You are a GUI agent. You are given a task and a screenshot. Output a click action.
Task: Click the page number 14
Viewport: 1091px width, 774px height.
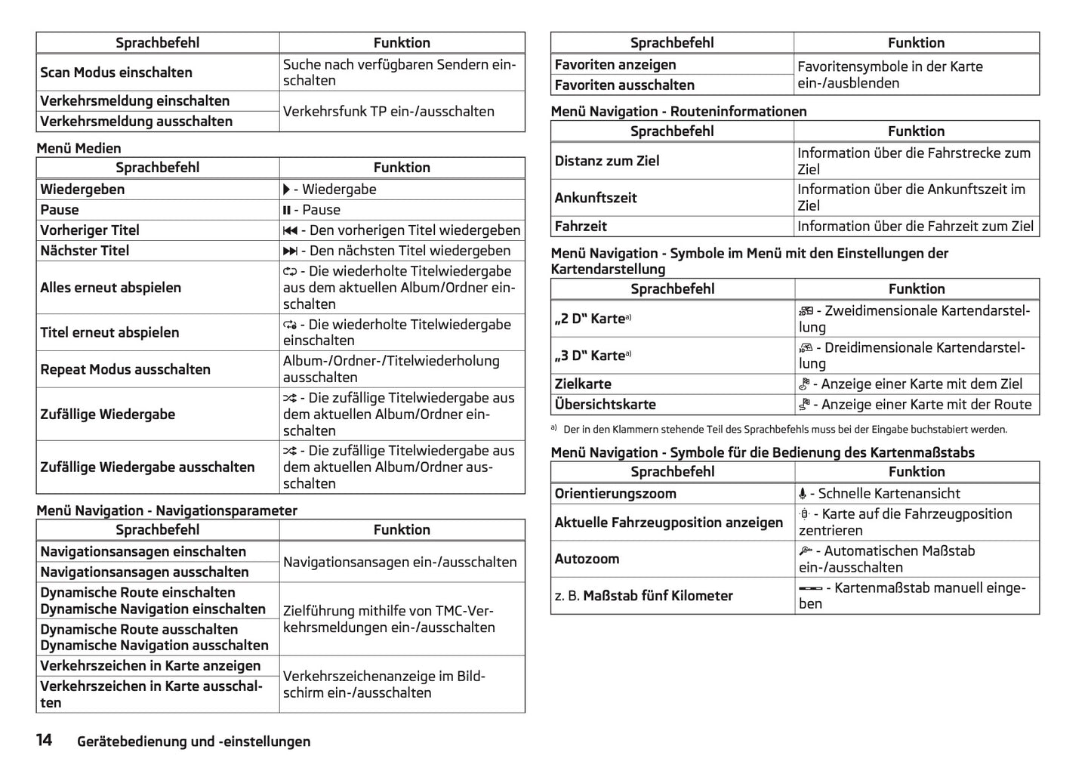(x=45, y=740)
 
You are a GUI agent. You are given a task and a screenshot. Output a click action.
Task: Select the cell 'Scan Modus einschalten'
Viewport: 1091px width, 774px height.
(x=116, y=72)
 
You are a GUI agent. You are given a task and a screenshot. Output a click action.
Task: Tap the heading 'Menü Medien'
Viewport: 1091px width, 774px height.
(x=79, y=148)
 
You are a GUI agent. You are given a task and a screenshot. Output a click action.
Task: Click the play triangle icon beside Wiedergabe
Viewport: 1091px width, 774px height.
(x=287, y=190)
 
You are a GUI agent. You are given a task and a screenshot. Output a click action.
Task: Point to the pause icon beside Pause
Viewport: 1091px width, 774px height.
(x=287, y=210)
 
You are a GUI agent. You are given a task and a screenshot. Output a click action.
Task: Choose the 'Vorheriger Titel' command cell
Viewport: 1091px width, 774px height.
(x=90, y=230)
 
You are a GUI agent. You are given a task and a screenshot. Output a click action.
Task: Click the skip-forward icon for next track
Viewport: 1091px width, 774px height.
(x=290, y=251)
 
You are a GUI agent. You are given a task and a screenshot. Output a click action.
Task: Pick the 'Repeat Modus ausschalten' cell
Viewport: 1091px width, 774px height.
(x=125, y=369)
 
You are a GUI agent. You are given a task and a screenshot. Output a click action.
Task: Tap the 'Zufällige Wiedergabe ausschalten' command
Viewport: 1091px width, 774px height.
(x=147, y=467)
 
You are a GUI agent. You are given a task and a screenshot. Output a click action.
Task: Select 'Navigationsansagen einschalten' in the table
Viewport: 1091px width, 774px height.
(x=143, y=552)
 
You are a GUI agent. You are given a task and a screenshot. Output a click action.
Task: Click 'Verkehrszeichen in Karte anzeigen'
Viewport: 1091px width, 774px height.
(x=150, y=666)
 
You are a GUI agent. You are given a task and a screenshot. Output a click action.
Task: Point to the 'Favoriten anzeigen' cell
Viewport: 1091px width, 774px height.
(x=615, y=65)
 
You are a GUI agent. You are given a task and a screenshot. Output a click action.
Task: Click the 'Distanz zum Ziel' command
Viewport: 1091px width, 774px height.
(x=607, y=161)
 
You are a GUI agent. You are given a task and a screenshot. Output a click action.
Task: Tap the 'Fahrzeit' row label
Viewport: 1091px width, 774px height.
(x=581, y=226)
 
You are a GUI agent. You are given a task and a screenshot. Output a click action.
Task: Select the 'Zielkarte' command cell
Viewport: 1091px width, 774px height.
(x=583, y=384)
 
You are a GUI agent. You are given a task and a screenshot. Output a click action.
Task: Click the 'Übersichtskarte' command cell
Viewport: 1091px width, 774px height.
(x=606, y=404)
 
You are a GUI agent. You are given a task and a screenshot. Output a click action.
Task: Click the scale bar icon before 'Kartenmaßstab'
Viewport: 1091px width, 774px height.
(x=810, y=588)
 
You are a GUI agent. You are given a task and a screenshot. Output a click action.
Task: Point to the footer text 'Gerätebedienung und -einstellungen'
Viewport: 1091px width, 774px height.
(x=193, y=742)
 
